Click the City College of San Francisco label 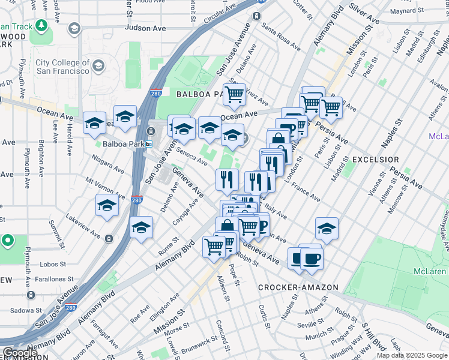pyautogui.click(x=62, y=67)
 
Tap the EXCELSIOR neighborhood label pyautogui.click(x=375, y=160)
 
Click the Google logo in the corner pyautogui.click(x=20, y=353)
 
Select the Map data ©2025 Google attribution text pyautogui.click(x=412, y=355)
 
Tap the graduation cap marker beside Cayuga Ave pyautogui.click(x=141, y=227)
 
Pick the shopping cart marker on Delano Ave pyautogui.click(x=234, y=93)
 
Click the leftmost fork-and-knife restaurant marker pyautogui.click(x=227, y=178)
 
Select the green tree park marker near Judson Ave pyautogui.click(x=41, y=26)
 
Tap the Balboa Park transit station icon pyautogui.click(x=148, y=144)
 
